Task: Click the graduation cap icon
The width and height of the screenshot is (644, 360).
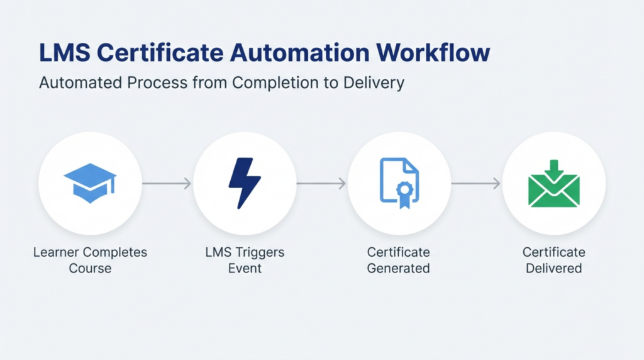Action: coord(90,183)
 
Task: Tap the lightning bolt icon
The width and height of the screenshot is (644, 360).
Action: coord(244,183)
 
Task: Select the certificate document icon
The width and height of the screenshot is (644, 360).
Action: coord(399,182)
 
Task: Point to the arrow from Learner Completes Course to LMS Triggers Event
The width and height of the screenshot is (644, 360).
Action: coord(167,184)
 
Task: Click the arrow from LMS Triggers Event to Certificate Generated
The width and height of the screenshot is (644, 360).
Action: coord(321,184)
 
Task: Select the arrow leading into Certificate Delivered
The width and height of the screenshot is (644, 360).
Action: coord(476,184)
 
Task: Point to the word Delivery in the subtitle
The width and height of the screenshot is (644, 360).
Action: coord(373,82)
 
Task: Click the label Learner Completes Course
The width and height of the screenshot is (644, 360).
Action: coord(90,260)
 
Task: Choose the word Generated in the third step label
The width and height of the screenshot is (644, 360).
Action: coord(399,268)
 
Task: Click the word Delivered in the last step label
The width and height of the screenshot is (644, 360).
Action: coord(554,268)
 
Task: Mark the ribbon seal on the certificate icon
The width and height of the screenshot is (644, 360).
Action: coord(404,193)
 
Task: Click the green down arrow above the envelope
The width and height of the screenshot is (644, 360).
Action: coord(554,169)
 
